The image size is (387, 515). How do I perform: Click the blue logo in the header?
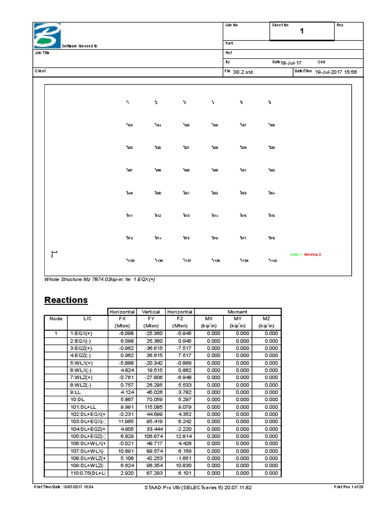coord(46,35)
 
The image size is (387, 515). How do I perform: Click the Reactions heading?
coord(66,300)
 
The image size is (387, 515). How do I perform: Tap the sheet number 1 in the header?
coord(302,32)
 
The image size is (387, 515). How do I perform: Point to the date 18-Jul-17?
coord(291,62)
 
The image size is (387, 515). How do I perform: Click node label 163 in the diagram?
coord(130,125)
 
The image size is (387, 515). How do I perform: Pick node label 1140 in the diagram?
coord(273,261)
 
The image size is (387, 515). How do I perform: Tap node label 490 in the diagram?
coord(215,170)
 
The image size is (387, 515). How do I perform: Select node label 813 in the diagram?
coord(186,216)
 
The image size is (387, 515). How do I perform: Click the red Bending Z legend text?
coord(311,254)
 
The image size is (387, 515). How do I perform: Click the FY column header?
coord(151,319)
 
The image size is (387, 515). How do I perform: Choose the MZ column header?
coord(267,319)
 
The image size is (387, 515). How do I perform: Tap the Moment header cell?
coord(238,312)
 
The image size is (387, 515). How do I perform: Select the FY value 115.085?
coord(155,407)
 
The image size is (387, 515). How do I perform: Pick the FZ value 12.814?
coord(183,436)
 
